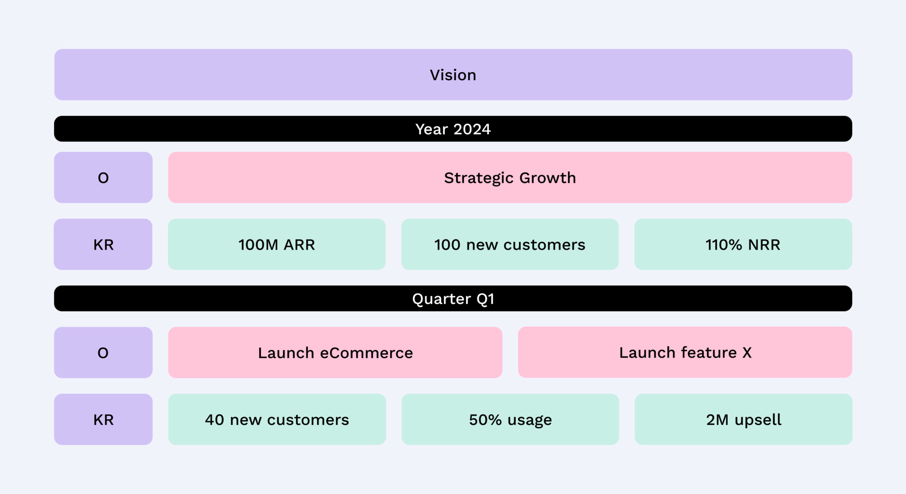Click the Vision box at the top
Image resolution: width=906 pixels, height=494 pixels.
point(453,75)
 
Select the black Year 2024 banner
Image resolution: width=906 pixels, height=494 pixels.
point(453,129)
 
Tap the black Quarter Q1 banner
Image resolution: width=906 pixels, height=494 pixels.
point(453,299)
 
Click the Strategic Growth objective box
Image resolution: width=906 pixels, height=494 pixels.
point(510,178)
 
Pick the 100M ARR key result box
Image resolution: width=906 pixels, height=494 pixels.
point(276,244)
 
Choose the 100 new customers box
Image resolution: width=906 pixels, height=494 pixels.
point(510,244)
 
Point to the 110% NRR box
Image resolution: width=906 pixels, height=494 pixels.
point(743,244)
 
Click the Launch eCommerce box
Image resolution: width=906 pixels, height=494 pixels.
point(335,353)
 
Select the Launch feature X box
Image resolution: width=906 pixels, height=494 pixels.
point(685,352)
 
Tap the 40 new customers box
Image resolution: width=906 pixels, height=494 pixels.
point(277,420)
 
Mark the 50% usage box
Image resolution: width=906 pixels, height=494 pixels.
point(510,420)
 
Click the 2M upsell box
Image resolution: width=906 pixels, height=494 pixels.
point(743,420)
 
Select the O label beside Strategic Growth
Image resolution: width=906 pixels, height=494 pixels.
point(103,178)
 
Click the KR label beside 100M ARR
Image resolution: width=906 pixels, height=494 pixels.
point(103,244)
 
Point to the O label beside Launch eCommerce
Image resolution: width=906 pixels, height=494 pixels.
point(103,353)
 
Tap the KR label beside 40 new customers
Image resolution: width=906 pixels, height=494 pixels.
point(103,420)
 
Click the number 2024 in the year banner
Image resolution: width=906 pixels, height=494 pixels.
point(472,129)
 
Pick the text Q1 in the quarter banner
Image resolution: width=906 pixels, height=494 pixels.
point(485,299)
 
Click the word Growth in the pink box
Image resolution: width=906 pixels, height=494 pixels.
point(548,178)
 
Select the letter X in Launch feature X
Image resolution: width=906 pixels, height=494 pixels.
point(747,353)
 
